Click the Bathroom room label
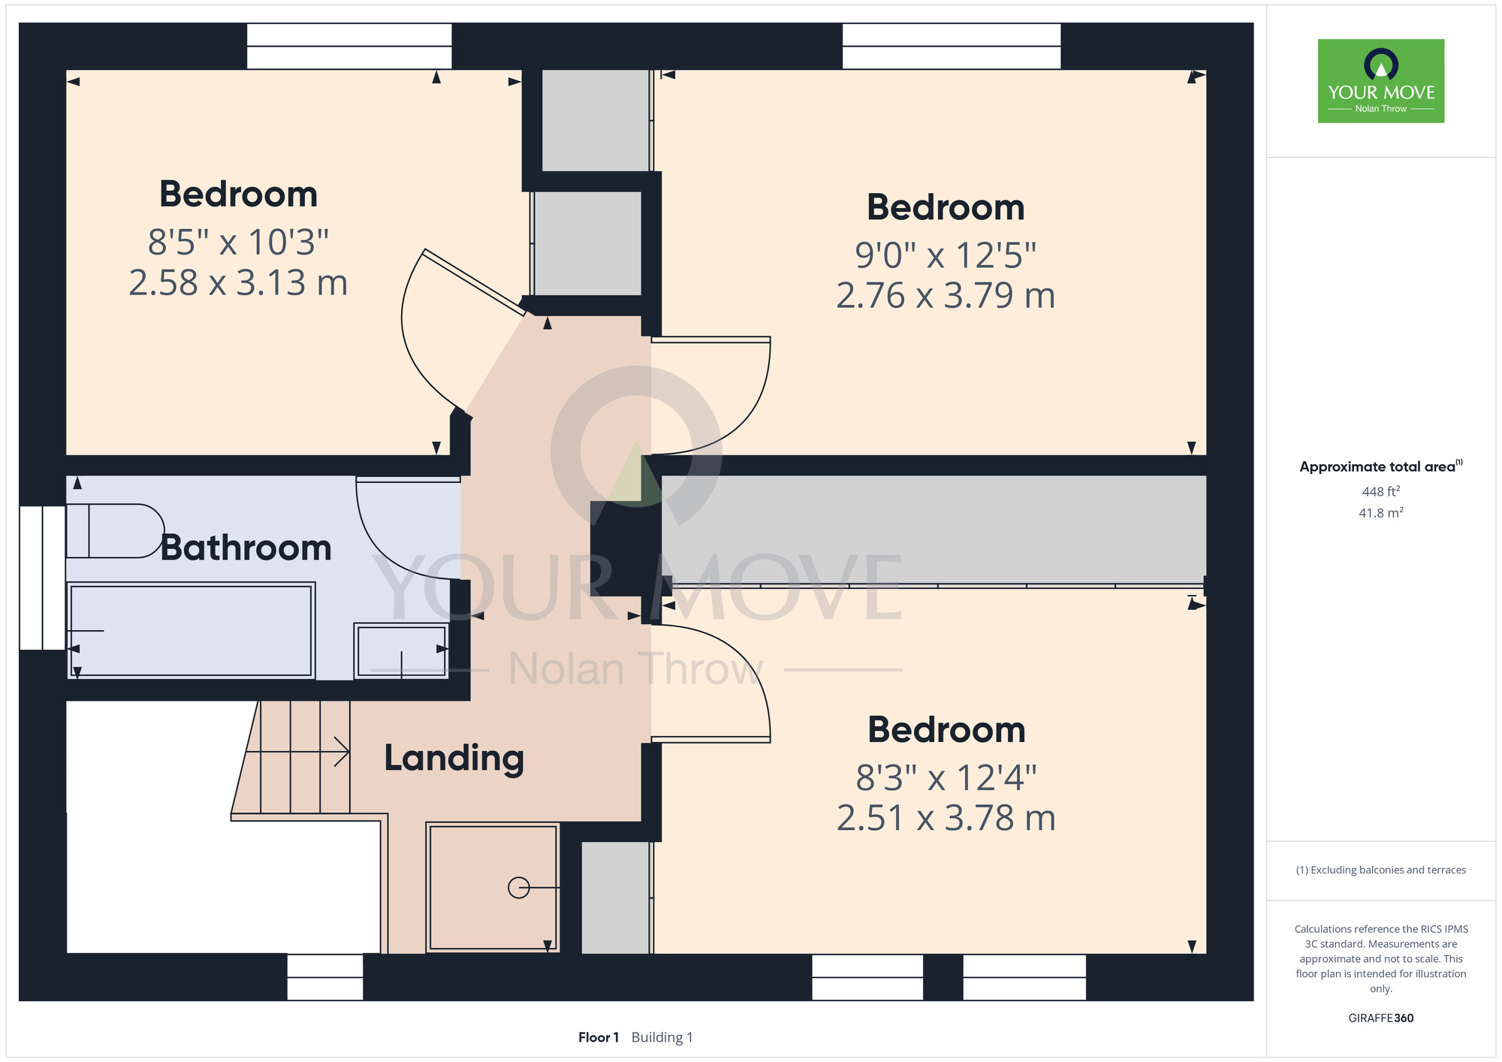[246, 548]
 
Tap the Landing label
[454, 759]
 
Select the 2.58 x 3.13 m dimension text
[238, 283]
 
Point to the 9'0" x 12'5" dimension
[946, 255]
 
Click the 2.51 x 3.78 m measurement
[946, 818]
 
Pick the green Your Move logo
[1381, 81]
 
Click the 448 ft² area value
[1381, 491]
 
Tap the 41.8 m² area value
[1381, 513]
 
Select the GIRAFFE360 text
[1381, 1018]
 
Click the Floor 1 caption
[599, 1037]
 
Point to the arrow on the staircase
[298, 751]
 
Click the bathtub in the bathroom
[191, 631]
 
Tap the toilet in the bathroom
[115, 531]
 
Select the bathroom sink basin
[402, 651]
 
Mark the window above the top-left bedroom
[349, 46]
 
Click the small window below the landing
[325, 977]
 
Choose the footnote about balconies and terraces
[1381, 870]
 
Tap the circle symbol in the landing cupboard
[519, 888]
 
